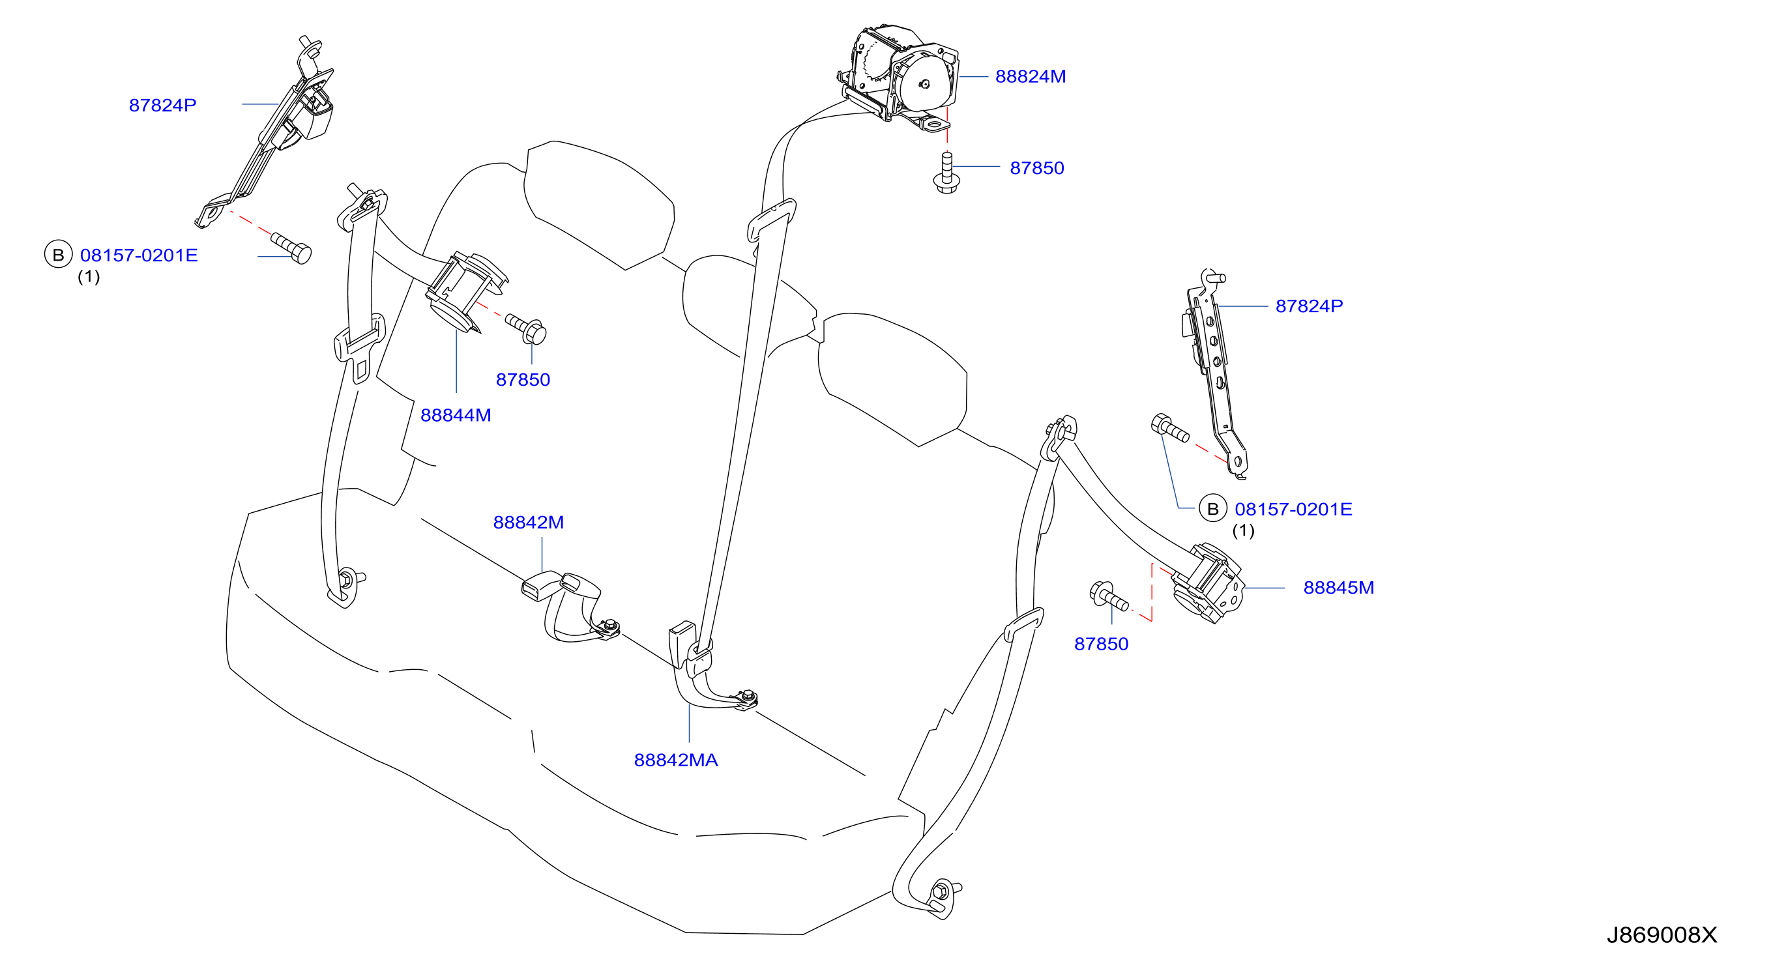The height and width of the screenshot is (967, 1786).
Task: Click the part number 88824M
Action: [x=1031, y=77]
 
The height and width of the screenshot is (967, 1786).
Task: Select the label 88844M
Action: [x=456, y=415]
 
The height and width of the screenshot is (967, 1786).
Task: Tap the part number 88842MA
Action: [x=676, y=760]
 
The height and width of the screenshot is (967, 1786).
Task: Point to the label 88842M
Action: [x=529, y=523]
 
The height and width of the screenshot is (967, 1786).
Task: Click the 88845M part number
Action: [x=1339, y=588]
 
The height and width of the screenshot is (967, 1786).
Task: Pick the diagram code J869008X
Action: [x=1662, y=936]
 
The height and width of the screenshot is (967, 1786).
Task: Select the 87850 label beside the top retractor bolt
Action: [x=1036, y=169]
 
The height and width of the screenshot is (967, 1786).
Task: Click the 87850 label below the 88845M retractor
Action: [x=1101, y=644]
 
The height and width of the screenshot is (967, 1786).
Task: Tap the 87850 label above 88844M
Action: [x=523, y=380]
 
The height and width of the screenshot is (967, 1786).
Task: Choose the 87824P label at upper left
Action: [x=163, y=106]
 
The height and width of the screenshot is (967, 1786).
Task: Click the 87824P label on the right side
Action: [x=1309, y=306]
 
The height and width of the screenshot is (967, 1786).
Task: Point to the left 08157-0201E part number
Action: [x=139, y=256]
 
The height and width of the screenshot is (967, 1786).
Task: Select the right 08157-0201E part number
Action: [x=1293, y=510]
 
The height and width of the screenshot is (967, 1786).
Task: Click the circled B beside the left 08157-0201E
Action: [x=58, y=255]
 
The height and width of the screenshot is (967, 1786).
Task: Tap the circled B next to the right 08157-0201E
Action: [x=1212, y=510]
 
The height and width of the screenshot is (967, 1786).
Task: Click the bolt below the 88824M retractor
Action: [x=946, y=173]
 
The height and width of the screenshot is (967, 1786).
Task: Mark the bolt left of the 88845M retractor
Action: [x=1109, y=597]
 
